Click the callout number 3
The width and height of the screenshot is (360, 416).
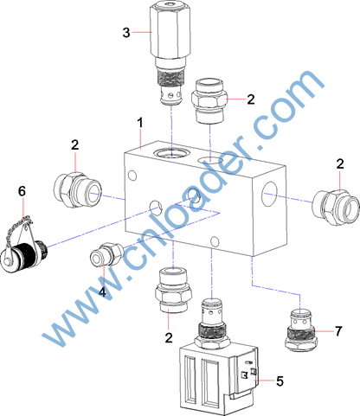point(126,32)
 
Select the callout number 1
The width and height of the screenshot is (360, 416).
point(140,123)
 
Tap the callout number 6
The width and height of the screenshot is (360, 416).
point(22,191)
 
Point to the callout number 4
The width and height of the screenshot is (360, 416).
point(102,292)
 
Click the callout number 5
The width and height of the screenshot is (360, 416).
point(280,381)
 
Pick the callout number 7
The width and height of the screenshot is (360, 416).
point(338,331)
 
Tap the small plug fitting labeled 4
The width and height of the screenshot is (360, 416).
point(107,254)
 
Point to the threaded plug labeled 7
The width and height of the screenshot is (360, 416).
point(300,330)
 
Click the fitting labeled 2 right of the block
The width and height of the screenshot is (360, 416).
point(336,207)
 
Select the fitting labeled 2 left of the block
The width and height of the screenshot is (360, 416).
point(77,189)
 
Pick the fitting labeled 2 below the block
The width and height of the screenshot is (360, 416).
point(173,290)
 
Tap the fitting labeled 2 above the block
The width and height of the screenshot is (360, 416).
point(209,101)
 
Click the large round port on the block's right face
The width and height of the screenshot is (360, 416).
point(270,194)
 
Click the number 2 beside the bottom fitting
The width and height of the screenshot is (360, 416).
point(169,337)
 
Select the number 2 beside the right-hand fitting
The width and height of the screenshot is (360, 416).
point(340,163)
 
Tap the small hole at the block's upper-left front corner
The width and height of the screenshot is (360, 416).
point(132,175)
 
